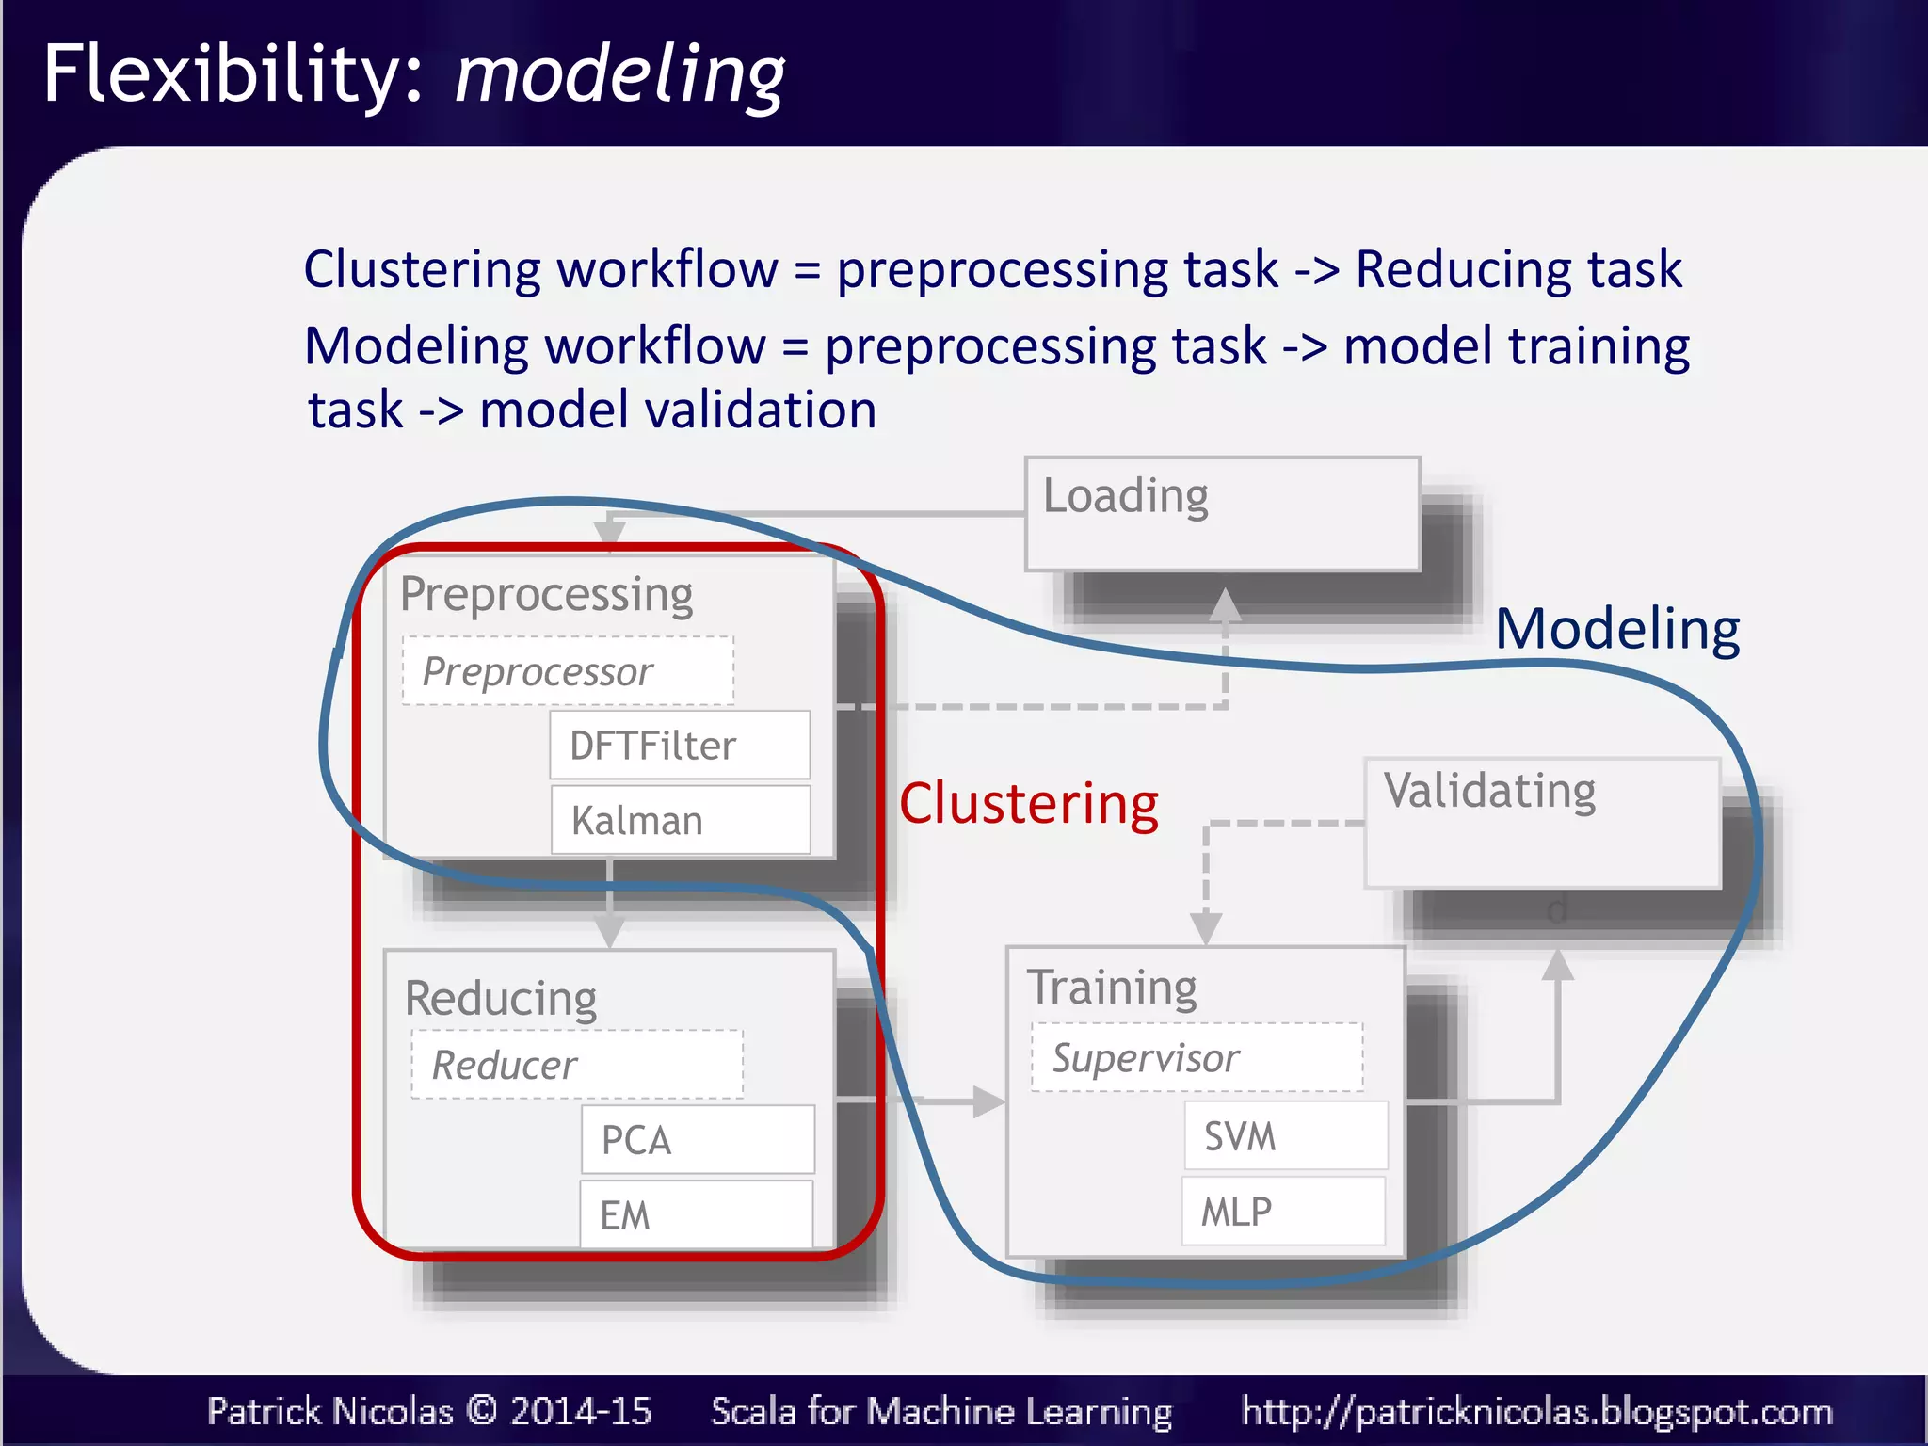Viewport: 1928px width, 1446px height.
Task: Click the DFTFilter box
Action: [680, 746]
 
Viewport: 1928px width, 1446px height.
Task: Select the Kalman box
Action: [680, 820]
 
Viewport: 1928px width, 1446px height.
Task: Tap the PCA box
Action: [697, 1140]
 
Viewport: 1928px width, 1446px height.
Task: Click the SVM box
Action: [1285, 1136]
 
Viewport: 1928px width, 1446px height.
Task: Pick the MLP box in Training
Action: [1283, 1212]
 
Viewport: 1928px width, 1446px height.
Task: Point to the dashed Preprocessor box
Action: [568, 671]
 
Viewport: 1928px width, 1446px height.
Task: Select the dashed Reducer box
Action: [577, 1065]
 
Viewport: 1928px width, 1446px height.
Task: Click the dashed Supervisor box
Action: [1197, 1058]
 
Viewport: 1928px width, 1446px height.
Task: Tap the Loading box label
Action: [1126, 496]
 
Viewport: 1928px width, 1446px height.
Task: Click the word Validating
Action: [1489, 791]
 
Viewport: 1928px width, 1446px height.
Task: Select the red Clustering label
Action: [1028, 804]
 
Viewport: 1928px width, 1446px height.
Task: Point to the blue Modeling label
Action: [1617, 629]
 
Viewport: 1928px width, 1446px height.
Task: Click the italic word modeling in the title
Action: [619, 75]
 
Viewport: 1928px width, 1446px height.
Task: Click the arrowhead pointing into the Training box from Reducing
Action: [988, 1101]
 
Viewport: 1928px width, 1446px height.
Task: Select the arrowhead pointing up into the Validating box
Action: [1558, 966]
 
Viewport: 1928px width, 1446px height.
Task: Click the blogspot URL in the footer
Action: [1536, 1411]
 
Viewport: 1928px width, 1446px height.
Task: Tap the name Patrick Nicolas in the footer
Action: [329, 1411]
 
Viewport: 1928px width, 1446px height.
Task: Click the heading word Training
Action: [1112, 988]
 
